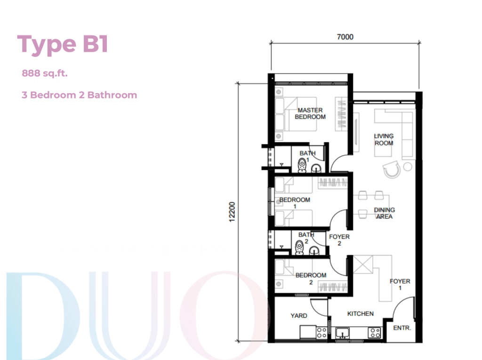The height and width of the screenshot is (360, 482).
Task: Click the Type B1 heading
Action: tap(63, 44)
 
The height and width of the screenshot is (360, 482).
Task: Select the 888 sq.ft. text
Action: tap(45, 73)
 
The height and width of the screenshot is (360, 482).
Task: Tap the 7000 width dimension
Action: tap(345, 37)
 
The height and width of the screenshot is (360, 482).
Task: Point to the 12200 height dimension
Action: tap(232, 211)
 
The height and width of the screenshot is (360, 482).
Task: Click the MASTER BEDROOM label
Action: tap(310, 113)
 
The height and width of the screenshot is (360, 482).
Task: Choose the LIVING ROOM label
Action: tap(384, 139)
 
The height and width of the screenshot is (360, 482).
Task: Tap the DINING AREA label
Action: tap(384, 213)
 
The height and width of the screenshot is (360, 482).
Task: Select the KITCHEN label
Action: tap(360, 313)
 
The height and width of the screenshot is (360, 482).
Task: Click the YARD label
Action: tap(298, 316)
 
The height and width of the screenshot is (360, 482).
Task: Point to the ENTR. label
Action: tap(402, 328)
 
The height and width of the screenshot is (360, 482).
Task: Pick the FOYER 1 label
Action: tap(400, 284)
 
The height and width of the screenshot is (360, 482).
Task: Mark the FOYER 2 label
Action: tap(339, 240)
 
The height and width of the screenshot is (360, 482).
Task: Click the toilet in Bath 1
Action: tap(302, 165)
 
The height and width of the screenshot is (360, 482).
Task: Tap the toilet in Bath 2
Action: tap(299, 248)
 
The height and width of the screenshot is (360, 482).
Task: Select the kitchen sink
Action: tap(343, 333)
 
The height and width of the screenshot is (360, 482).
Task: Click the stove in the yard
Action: tap(321, 332)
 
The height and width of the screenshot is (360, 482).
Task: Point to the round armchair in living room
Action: tap(392, 169)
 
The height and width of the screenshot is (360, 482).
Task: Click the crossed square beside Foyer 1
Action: tap(363, 264)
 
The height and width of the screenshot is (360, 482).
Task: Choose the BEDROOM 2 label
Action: tap(311, 279)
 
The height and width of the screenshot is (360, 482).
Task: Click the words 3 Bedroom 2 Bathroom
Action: tap(79, 95)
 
